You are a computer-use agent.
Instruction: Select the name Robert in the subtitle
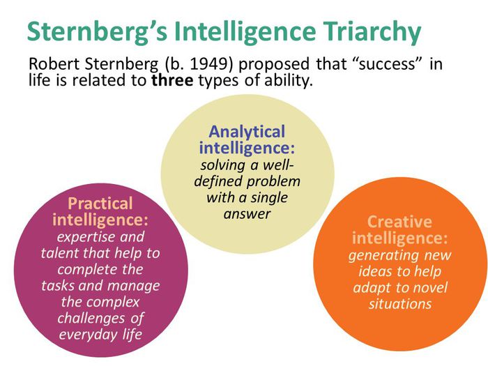pos(52,65)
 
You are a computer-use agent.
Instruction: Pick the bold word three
pos(171,82)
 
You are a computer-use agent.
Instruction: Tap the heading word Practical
pos(100,204)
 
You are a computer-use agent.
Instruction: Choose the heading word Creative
pos(399,222)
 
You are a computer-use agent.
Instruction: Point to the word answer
pos(247,214)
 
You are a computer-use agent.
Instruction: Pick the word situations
pos(399,304)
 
